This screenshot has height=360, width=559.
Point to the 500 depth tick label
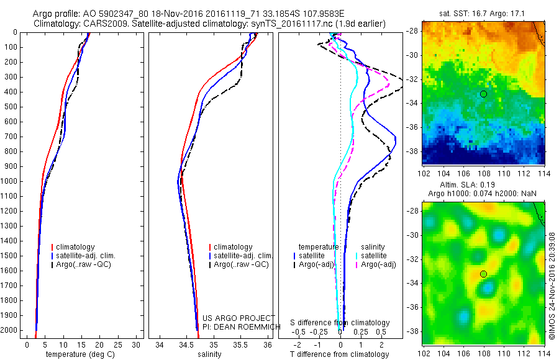click(x=11, y=107)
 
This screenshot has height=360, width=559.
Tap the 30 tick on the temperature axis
click(x=137, y=344)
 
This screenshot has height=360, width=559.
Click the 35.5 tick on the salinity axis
click(x=240, y=344)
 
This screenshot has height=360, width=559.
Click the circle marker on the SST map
click(x=483, y=94)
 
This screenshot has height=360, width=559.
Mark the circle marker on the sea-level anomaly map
click(x=483, y=274)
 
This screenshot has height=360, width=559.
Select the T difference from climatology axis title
click(x=340, y=354)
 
